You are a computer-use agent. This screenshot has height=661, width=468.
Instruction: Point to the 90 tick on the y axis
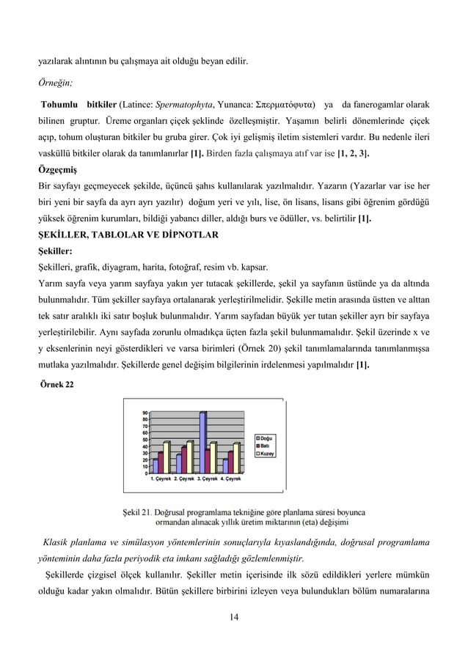pos(146,412)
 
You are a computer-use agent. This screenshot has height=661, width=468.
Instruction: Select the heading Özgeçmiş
pos(58,168)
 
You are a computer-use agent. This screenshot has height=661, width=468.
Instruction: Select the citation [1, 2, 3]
pos(353,155)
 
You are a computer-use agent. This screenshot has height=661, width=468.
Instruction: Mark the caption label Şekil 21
pos(137,512)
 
